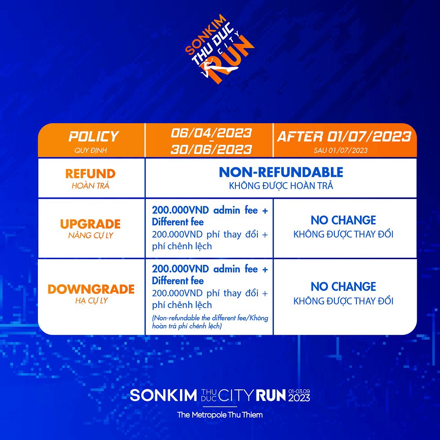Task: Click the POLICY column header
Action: pos(94,137)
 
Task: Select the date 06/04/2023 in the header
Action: pos(211,133)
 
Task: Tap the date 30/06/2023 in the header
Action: pos(211,150)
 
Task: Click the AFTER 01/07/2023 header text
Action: pos(344,137)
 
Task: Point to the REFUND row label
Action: pos(90,174)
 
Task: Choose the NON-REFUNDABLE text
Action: pos(281,172)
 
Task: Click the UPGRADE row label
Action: pos(90,224)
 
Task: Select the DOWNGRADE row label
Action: pos(91,290)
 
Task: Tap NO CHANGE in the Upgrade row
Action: pos(344,220)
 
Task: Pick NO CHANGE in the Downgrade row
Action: pos(344,287)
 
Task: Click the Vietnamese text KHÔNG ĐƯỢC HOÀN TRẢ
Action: pos(281,186)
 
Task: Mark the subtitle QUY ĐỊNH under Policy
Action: pos(91,150)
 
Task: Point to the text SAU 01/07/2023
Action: pos(341,150)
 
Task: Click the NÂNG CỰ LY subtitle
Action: pos(91,235)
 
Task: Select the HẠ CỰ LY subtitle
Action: pos(92,301)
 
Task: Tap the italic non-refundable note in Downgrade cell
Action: pos(210,322)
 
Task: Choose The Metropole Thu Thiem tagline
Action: pos(220,415)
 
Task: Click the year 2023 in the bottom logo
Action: pos(299,398)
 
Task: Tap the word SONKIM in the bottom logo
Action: pos(163,396)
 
